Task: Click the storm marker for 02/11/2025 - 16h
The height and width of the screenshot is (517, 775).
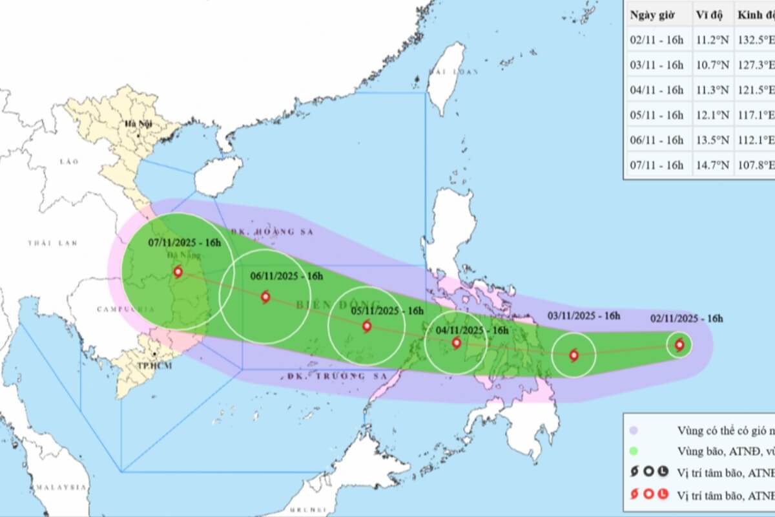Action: [x=679, y=345]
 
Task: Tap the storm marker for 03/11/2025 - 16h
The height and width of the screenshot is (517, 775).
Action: [x=573, y=355]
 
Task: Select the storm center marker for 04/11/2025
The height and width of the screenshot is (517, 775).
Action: [x=457, y=343]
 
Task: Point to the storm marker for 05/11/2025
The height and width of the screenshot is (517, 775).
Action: [x=367, y=326]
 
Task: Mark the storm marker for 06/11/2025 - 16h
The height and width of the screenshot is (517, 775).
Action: [x=265, y=297]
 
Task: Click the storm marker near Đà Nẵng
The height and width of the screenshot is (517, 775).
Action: [x=178, y=273]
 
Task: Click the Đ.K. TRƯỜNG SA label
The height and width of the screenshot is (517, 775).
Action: [x=336, y=375]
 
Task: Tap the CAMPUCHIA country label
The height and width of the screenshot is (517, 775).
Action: [x=125, y=309]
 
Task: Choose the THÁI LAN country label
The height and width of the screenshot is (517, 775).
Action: [x=52, y=243]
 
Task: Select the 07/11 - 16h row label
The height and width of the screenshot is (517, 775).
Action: [x=656, y=165]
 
